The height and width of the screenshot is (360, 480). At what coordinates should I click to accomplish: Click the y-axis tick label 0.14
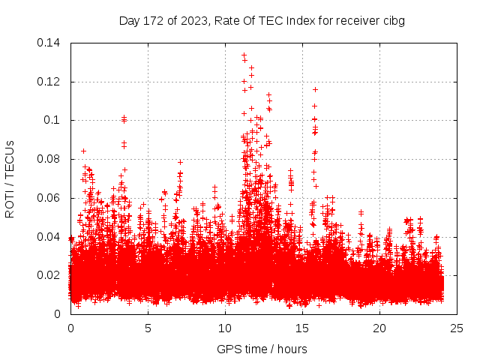pyautogui.click(x=50, y=42)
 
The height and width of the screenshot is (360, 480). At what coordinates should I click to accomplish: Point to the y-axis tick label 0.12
pyautogui.click(x=50, y=81)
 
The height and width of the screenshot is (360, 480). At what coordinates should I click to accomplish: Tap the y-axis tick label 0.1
pyautogui.click(x=53, y=120)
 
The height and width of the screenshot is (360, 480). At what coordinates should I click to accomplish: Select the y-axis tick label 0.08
pyautogui.click(x=50, y=159)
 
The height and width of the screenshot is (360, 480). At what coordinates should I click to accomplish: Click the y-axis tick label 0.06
pyautogui.click(x=50, y=198)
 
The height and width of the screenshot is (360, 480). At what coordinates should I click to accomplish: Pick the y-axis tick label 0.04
pyautogui.click(x=50, y=237)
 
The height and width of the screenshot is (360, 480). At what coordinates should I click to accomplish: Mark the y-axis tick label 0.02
pyautogui.click(x=50, y=275)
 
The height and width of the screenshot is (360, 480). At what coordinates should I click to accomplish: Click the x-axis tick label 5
pyautogui.click(x=148, y=328)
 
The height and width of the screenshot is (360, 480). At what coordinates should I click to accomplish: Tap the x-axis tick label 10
pyautogui.click(x=225, y=328)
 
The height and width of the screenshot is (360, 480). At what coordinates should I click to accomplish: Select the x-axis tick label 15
pyautogui.click(x=302, y=328)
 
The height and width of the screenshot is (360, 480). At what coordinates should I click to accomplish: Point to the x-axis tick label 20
pyautogui.click(x=379, y=328)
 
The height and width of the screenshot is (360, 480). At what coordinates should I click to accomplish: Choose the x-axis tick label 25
pyautogui.click(x=457, y=328)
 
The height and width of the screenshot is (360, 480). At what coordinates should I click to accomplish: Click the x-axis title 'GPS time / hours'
pyautogui.click(x=263, y=349)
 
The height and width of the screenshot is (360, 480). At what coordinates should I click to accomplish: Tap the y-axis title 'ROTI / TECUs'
pyautogui.click(x=10, y=178)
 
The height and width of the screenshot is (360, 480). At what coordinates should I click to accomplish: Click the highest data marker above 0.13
pyautogui.click(x=244, y=55)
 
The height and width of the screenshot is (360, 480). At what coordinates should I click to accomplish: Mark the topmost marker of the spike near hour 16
pyautogui.click(x=315, y=89)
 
